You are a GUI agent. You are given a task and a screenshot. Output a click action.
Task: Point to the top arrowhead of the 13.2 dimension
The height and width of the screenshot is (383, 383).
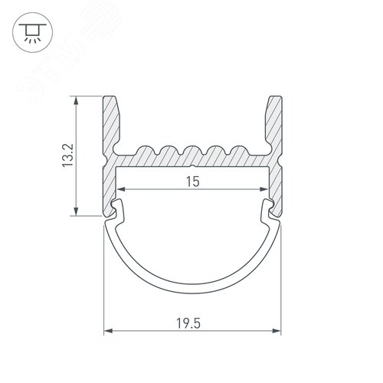75,100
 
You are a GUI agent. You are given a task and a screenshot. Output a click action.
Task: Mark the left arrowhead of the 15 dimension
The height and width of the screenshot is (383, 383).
119,189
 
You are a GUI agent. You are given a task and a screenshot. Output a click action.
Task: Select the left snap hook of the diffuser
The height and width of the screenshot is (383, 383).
118,206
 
